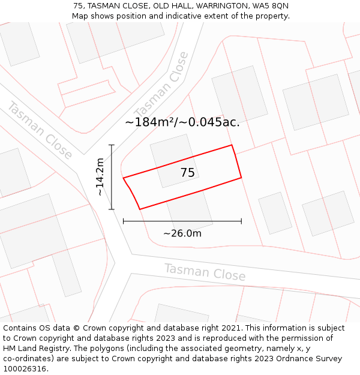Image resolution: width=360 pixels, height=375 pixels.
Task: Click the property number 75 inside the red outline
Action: pyautogui.click(x=187, y=173)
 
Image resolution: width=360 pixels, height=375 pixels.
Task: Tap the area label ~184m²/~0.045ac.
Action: pyautogui.click(x=182, y=122)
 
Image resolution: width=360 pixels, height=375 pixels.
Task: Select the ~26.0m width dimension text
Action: pyautogui.click(x=182, y=233)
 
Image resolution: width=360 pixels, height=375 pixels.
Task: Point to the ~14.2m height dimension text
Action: pyautogui.click(x=100, y=176)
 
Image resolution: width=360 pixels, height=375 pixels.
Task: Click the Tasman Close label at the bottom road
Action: pyautogui.click(x=205, y=272)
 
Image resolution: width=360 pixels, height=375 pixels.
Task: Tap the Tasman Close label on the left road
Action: pyautogui.click(x=40, y=130)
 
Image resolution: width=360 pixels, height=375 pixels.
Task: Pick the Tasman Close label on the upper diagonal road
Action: pyautogui.click(x=161, y=85)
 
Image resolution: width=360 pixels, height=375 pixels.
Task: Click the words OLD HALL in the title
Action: pyautogui.click(x=169, y=6)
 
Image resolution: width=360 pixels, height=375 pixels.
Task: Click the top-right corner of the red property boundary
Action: pyautogui.click(x=232, y=145)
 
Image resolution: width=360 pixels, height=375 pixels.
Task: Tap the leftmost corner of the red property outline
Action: pyautogui.click(x=123, y=178)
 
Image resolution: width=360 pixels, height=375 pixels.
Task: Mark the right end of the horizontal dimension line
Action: pyautogui.click(x=241, y=221)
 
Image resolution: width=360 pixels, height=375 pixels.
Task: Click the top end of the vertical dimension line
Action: pyautogui.click(x=112, y=145)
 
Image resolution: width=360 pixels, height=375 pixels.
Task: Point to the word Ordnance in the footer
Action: pyautogui.click(x=287, y=359)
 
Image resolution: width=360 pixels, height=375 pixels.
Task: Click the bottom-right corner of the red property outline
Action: pyautogui.click(x=241, y=178)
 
